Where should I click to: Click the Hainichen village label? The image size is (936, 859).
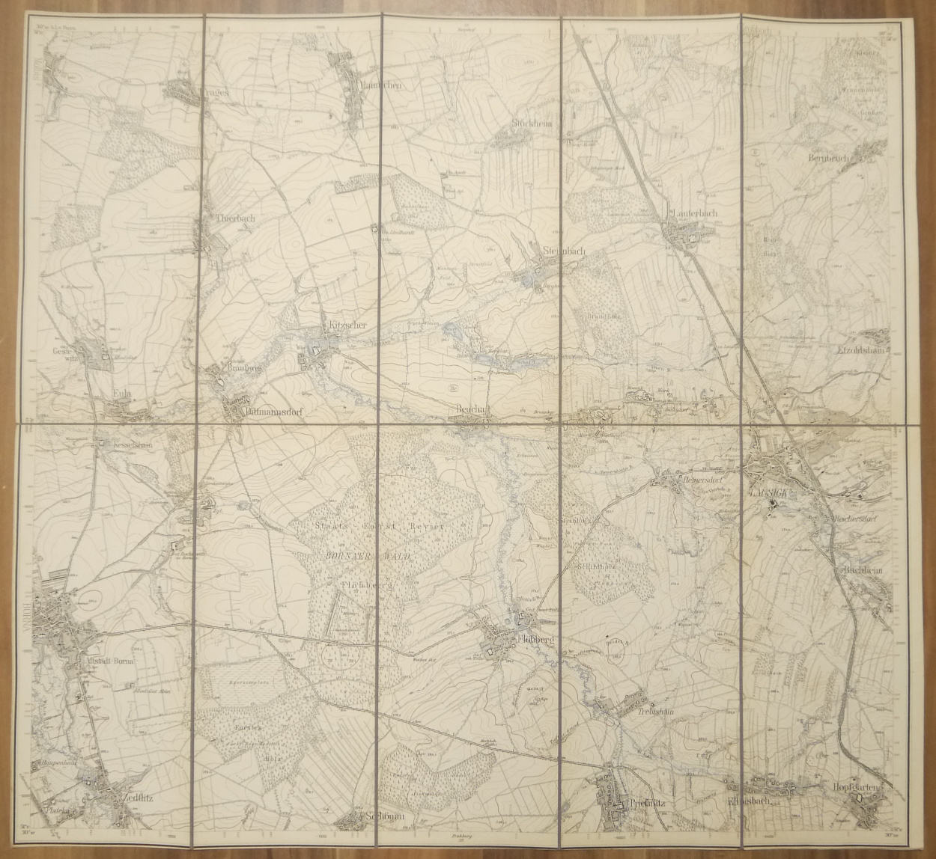click(381, 86)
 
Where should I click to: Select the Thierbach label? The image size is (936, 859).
click(235, 218)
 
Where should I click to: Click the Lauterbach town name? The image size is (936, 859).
click(696, 213)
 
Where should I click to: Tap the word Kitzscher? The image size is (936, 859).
click(347, 326)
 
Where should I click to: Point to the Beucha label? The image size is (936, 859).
click(472, 409)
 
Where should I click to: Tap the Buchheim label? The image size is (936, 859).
click(865, 569)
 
